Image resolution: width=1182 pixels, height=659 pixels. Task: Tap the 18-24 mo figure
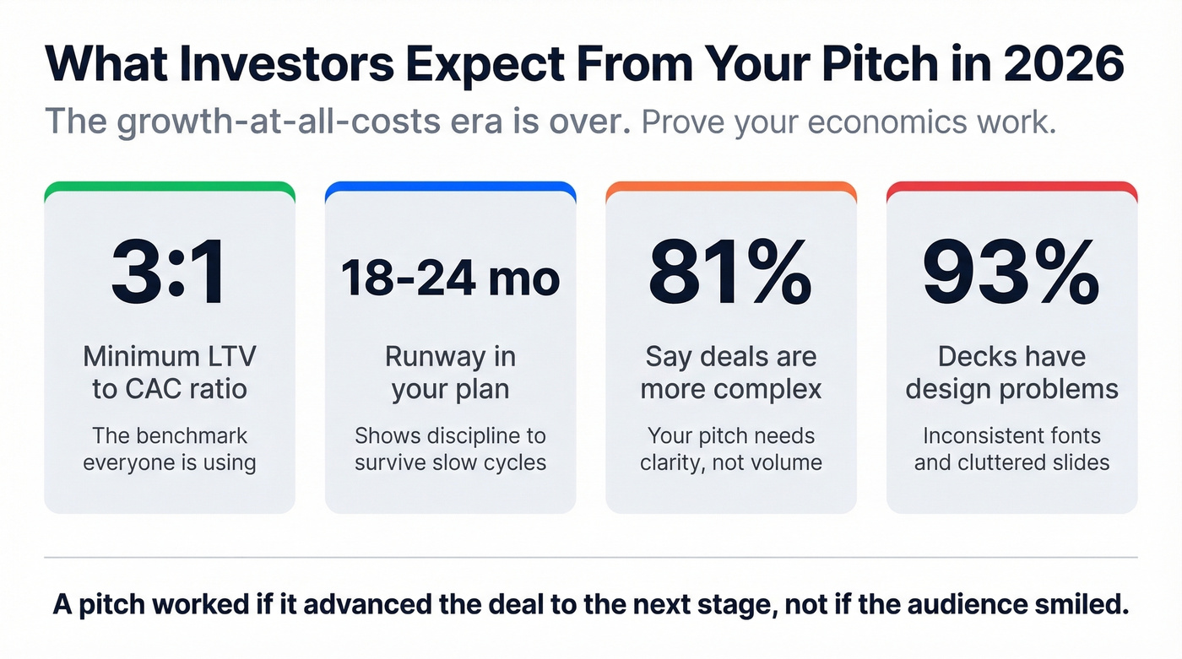click(450, 278)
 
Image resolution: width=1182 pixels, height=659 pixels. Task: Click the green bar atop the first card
click(169, 188)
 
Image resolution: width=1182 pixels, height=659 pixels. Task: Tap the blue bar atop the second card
click(450, 188)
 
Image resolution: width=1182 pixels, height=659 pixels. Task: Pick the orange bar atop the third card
click(731, 188)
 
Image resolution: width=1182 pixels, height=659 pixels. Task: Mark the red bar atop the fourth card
click(1011, 188)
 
